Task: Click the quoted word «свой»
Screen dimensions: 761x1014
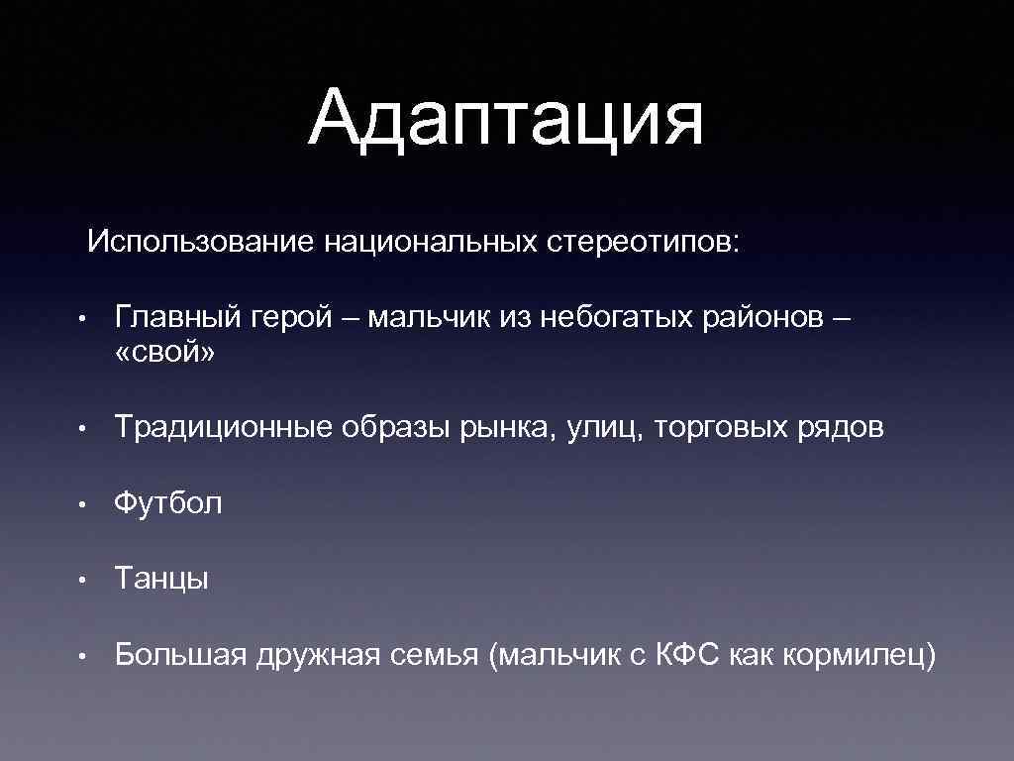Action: [x=164, y=353]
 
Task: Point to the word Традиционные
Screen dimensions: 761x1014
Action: [x=222, y=428]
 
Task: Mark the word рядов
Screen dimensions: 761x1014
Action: [x=841, y=428]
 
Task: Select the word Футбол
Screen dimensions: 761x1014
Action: [x=168, y=503]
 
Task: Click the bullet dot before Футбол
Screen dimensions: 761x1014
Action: [x=87, y=504]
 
